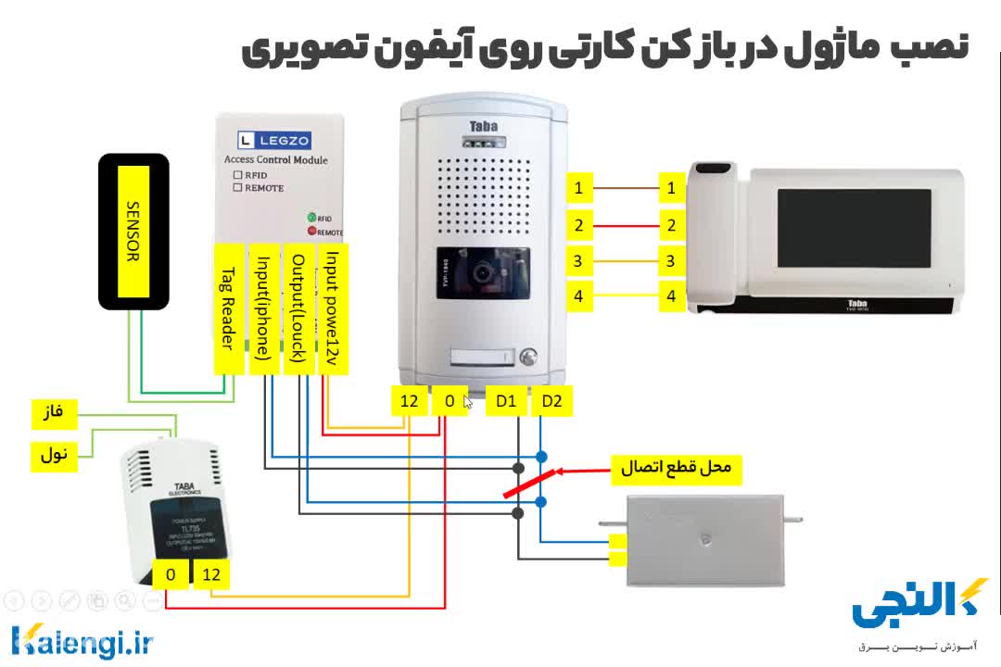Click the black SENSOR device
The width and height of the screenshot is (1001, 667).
click(x=133, y=232)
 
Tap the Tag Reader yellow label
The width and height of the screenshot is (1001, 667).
click(x=229, y=309)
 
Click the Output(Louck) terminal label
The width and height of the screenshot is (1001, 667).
click(x=298, y=309)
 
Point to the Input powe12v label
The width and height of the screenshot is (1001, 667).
click(x=332, y=309)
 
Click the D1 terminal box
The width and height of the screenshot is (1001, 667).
click(x=506, y=401)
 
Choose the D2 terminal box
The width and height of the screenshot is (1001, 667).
click(x=551, y=401)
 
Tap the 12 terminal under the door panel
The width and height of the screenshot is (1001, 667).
click(x=409, y=401)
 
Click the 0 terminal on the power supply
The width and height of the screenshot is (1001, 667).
click(x=171, y=575)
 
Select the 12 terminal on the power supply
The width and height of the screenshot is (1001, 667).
click(x=211, y=575)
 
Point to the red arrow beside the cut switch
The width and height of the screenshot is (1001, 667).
click(x=584, y=471)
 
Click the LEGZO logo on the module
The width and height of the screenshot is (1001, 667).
click(x=274, y=141)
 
